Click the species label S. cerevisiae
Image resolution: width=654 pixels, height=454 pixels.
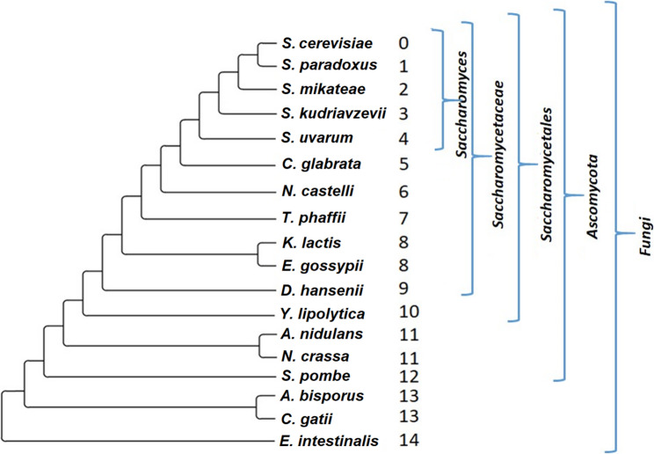320,43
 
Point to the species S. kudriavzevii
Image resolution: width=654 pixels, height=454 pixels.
326,113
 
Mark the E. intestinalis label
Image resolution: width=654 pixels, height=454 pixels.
330,440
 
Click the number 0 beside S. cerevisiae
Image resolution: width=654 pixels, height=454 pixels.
403,42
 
